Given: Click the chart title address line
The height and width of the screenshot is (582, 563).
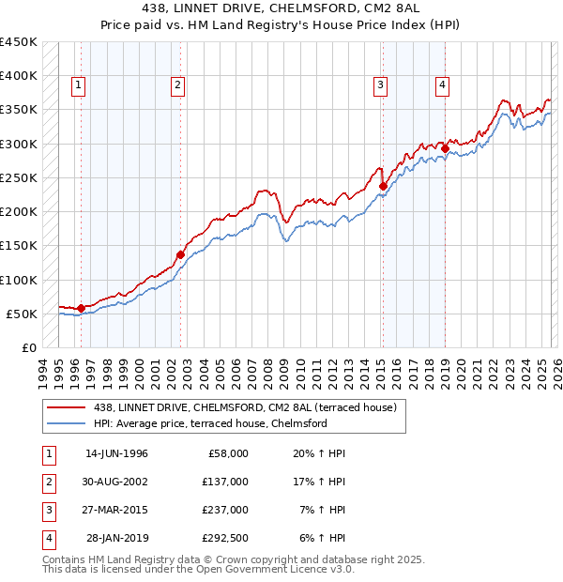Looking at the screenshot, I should click(281, 10).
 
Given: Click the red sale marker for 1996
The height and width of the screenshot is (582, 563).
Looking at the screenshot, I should click(81, 307).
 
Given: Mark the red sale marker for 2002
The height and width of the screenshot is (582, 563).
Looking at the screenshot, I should click(180, 253).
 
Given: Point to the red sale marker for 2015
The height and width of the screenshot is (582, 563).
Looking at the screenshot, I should click(383, 186).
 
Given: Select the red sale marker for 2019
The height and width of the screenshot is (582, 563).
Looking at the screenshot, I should click(445, 147).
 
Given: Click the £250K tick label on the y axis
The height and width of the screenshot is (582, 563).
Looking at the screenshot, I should click(19, 177).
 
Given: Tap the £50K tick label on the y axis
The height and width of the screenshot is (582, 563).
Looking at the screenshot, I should click(23, 314).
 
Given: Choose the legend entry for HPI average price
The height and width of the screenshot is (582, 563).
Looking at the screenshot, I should click(220, 423).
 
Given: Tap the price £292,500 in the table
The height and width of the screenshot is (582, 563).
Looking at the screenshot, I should click(225, 539).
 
